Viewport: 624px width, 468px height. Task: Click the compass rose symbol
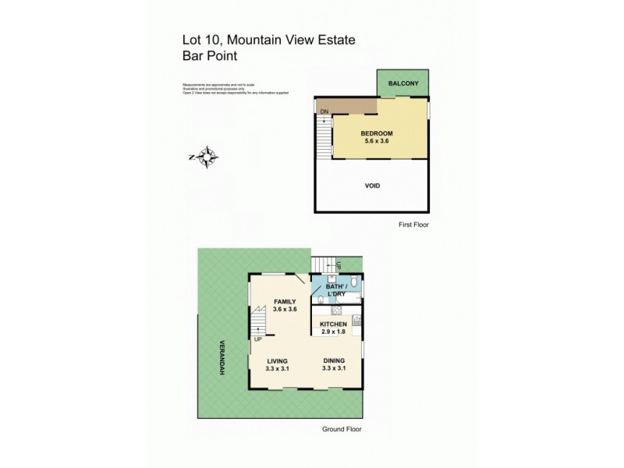pos(206,158)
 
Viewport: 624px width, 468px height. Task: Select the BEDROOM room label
pos(377,133)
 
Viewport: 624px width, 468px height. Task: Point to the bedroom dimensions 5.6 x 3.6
pos(378,142)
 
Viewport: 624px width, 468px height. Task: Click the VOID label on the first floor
pos(373,186)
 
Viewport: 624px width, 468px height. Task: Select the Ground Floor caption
pos(342,429)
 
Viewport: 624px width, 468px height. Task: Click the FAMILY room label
pos(285,301)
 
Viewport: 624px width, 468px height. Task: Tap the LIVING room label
pos(278,360)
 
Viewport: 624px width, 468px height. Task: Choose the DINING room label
pos(334,360)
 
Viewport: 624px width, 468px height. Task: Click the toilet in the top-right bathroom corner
pos(353,281)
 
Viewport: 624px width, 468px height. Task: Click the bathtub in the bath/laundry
pos(350,298)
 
